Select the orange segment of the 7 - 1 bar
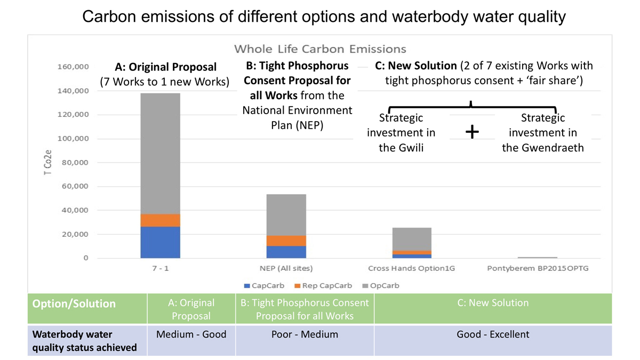click(160, 220)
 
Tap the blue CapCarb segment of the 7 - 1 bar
click(160, 242)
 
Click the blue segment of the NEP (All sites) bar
click(286, 252)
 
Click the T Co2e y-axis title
click(47, 163)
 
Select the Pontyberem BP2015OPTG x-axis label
click(538, 268)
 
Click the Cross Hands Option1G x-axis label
click(411, 268)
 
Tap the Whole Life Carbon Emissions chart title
click(320, 49)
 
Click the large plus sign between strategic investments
click(472, 132)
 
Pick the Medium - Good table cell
click(191, 335)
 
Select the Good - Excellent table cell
click(493, 335)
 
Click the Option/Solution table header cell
click(74, 303)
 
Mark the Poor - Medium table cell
click(304, 335)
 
